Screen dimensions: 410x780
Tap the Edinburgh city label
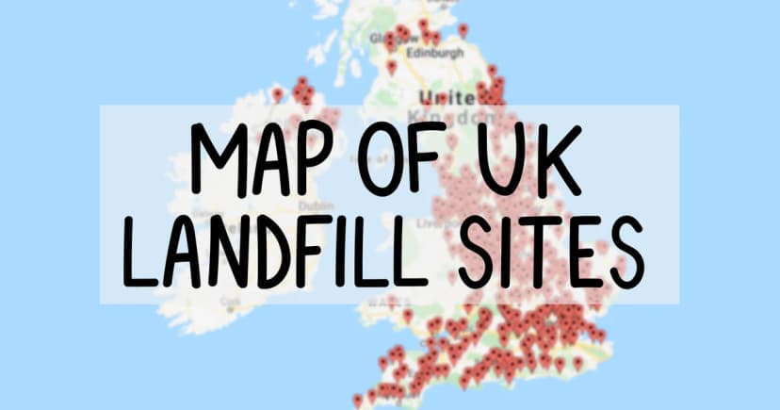[435, 54]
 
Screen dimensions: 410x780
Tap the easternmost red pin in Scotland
[463, 29]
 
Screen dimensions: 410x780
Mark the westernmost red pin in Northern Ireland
[278, 93]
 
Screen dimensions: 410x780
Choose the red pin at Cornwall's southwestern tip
[358, 401]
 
